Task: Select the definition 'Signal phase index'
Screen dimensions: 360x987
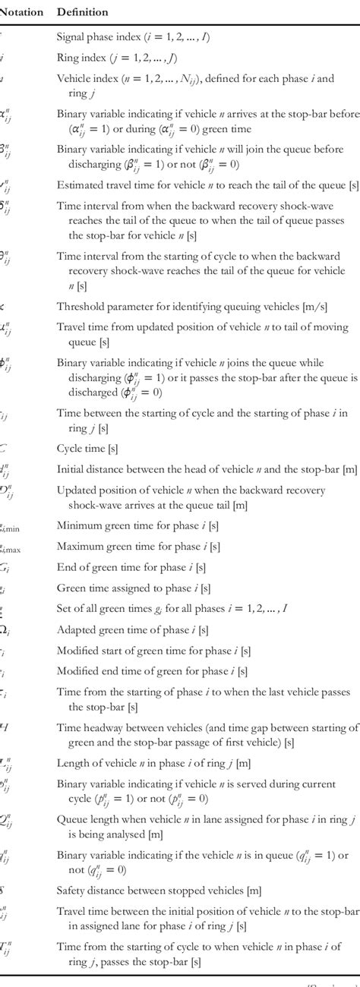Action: click(x=144, y=36)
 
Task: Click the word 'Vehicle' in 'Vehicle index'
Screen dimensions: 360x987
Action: click(x=74, y=78)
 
